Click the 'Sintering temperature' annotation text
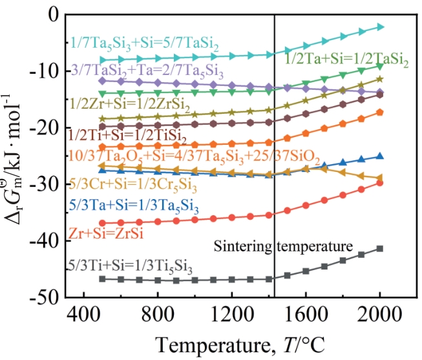tap(283, 246)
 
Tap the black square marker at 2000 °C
tap(379, 248)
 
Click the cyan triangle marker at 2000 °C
tap(380, 26)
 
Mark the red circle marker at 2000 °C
tap(379, 183)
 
